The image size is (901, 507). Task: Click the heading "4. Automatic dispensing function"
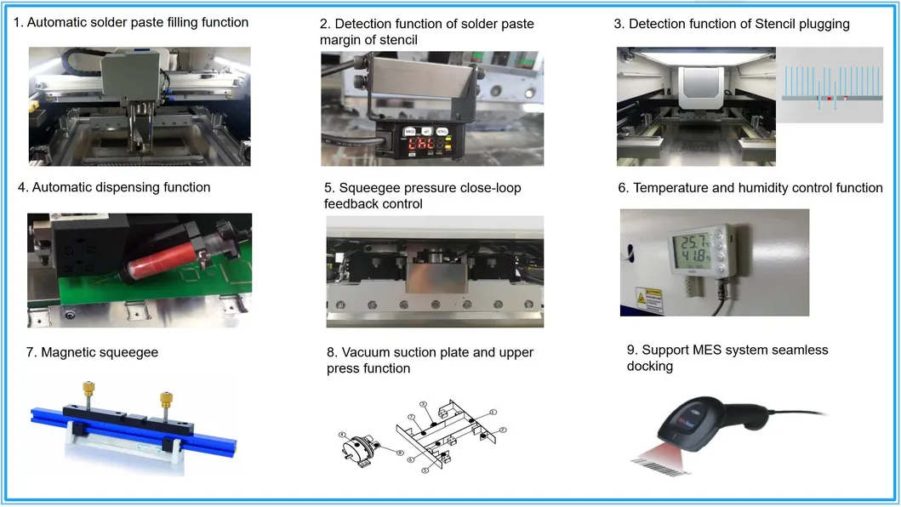(x=113, y=187)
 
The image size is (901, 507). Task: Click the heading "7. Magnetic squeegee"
(x=87, y=352)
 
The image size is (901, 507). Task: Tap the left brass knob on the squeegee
(x=88, y=389)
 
